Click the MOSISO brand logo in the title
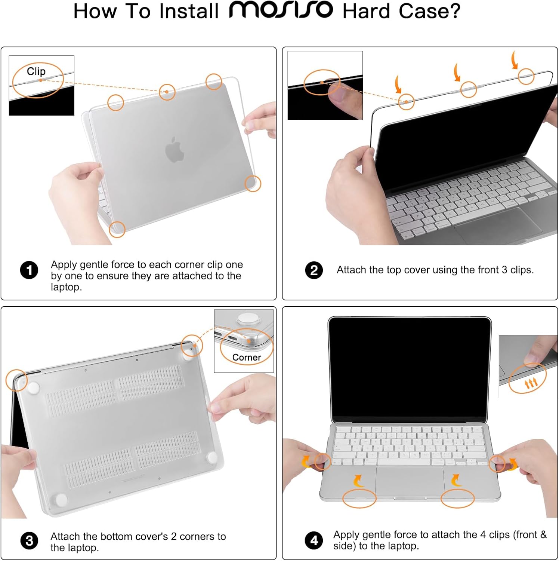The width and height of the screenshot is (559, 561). (x=281, y=10)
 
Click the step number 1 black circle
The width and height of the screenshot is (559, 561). (x=29, y=270)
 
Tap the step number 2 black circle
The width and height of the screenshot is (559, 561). (x=314, y=270)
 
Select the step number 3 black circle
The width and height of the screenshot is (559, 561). (x=29, y=541)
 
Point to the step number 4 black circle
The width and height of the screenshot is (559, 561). (x=314, y=540)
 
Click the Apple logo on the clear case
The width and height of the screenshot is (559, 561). (x=175, y=150)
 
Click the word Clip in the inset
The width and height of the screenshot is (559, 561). (x=36, y=71)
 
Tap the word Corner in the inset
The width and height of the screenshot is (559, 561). (x=246, y=358)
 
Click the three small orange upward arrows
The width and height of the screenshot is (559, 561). (x=531, y=383)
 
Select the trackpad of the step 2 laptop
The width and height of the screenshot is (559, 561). (x=497, y=225)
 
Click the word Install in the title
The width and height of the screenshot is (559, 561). (x=189, y=11)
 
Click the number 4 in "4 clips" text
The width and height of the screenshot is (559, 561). (x=483, y=535)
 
